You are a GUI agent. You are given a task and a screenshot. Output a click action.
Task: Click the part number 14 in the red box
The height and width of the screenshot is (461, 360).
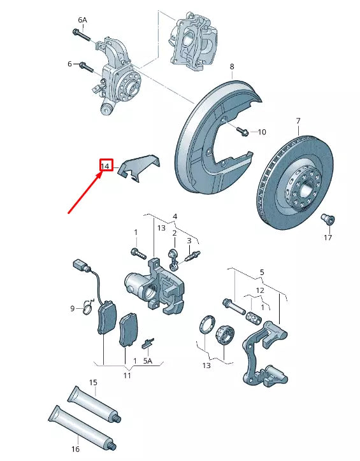click(106, 166)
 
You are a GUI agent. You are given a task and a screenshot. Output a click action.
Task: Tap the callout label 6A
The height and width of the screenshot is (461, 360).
click(82, 20)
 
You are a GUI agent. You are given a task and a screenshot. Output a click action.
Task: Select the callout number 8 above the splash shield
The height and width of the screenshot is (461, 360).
click(232, 66)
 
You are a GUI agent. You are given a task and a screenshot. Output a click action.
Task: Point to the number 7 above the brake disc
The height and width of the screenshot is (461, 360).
click(298, 120)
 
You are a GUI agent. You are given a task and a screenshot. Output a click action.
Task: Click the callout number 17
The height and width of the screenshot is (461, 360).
click(328, 238)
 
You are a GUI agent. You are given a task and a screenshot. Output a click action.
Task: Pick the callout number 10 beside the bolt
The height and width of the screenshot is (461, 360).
click(261, 132)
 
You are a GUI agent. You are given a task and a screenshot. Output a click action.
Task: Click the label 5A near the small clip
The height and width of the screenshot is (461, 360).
click(148, 360)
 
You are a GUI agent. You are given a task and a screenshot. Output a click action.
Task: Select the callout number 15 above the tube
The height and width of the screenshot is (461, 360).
click(93, 382)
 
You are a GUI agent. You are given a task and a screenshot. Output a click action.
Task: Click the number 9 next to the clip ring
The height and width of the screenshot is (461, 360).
click(73, 309)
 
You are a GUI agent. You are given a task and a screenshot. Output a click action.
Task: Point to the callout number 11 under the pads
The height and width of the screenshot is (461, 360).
click(127, 376)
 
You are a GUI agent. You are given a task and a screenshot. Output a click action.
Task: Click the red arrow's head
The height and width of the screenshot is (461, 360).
click(101, 173)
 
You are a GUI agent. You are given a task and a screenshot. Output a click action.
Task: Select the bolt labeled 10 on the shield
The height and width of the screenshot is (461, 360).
click(242, 131)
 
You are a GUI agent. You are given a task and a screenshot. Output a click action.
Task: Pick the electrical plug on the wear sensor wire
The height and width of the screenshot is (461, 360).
click(78, 265)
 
